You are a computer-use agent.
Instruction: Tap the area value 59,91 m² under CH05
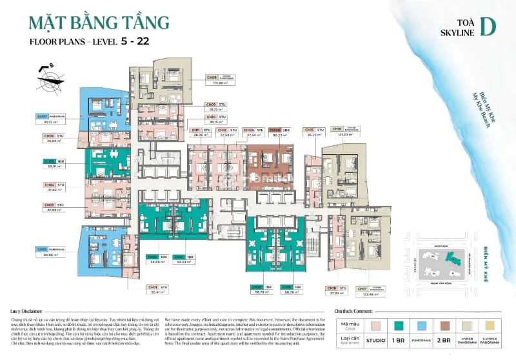pos(54,166)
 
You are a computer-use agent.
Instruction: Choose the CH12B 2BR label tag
pos(281,130)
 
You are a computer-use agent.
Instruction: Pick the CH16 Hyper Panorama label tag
pos(346,129)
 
